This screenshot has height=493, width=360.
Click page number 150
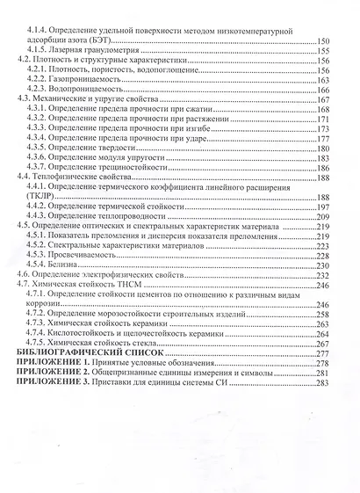(321, 41)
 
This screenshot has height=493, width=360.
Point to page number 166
(322, 90)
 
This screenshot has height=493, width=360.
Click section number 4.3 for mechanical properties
(24, 99)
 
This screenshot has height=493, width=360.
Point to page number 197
(322, 206)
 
